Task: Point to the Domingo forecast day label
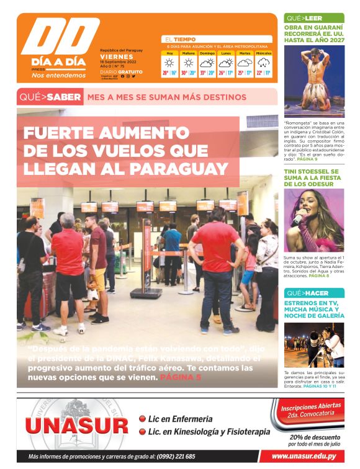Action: click(x=207, y=53)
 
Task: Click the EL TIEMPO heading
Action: click(x=180, y=39)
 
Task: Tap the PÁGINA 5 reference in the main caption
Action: click(x=181, y=377)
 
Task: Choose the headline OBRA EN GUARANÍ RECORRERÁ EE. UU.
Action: click(x=313, y=33)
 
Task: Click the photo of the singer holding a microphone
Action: click(x=313, y=220)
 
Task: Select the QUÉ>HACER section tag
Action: click(x=304, y=292)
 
